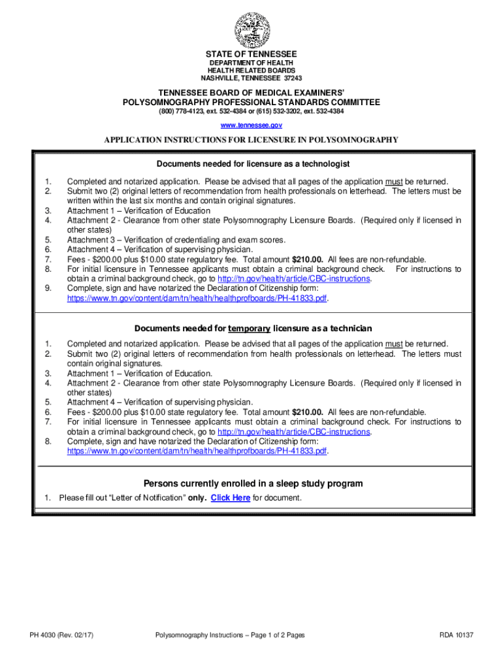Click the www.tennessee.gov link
(252, 124)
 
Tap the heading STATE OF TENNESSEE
(252, 54)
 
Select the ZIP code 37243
(292, 78)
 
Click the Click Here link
(230, 498)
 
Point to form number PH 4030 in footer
(39, 635)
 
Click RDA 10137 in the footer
(456, 635)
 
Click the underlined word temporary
(250, 328)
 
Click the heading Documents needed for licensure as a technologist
(252, 163)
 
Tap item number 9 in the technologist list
(48, 289)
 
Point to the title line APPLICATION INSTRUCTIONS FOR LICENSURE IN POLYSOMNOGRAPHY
(252, 140)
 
